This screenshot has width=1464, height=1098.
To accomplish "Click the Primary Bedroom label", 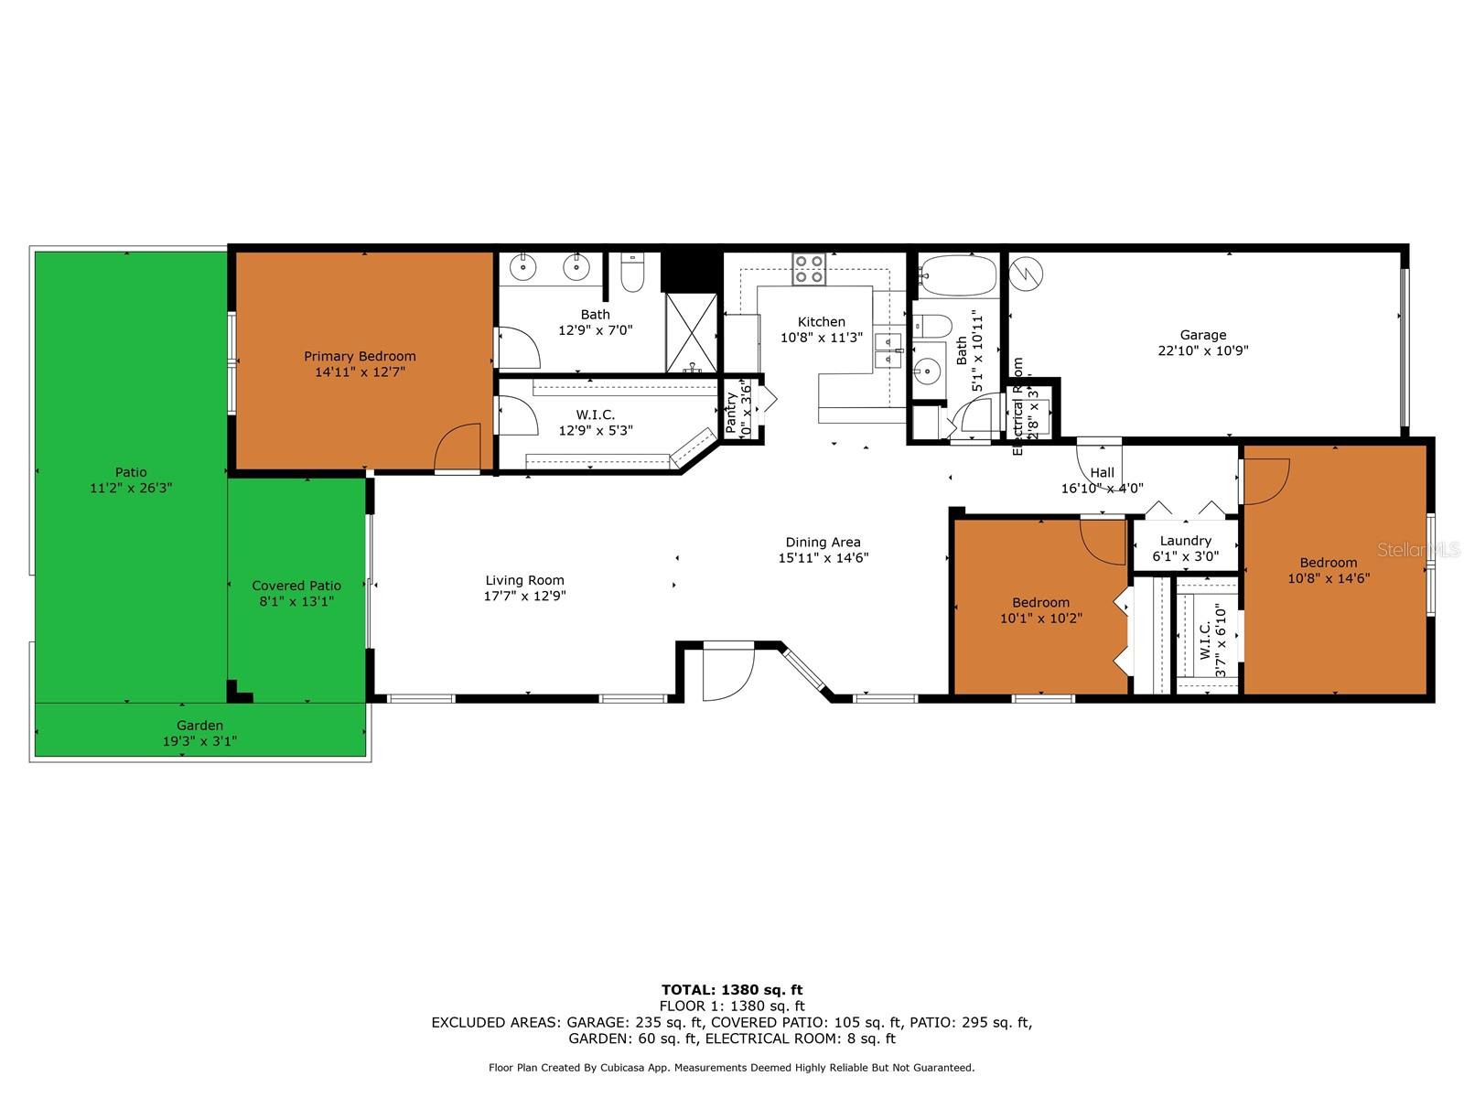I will [360, 356].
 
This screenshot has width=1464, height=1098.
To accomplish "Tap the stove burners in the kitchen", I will [809, 269].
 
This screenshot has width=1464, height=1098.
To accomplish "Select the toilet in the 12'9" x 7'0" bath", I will [632, 273].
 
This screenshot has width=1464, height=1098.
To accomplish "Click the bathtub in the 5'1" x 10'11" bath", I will [957, 274].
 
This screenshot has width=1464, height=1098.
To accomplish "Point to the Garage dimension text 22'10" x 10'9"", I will [1202, 350].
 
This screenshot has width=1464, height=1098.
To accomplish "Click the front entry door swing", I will [728, 673].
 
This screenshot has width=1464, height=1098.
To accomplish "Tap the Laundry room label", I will [1185, 541].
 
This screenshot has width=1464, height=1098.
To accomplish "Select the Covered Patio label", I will [296, 586].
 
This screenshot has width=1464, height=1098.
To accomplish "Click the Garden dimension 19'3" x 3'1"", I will [199, 741].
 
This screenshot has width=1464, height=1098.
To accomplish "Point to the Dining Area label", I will [823, 542].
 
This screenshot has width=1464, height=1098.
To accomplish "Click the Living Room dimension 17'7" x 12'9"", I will [524, 596].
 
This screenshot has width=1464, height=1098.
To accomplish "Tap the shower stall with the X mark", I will [692, 331].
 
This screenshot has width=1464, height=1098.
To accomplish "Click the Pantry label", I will [731, 412].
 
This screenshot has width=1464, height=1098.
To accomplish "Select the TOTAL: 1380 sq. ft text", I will [731, 989].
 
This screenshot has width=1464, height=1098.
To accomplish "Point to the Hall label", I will [1102, 472].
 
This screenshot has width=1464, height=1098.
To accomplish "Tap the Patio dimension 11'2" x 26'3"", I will [131, 488].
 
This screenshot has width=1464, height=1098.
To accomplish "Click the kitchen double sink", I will [887, 351].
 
